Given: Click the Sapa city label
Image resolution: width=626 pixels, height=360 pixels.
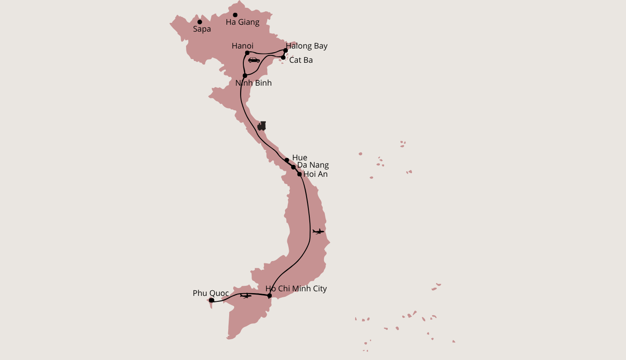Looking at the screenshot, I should (202, 29).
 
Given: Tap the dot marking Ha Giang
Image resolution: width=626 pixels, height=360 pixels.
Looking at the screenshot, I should (235, 15).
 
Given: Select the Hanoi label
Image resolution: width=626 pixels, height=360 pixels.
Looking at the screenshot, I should (242, 46).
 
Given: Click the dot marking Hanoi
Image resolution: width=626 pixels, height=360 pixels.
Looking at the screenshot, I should (247, 53).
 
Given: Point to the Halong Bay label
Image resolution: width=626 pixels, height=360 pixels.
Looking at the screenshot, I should (308, 46).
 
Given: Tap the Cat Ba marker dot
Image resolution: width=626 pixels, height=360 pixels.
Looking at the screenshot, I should (283, 58).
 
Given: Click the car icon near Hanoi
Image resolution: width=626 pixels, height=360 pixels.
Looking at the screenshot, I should (254, 60).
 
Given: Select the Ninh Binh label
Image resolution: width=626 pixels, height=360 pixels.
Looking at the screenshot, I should (253, 83).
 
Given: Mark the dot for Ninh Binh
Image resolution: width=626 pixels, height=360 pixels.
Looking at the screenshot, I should (245, 76).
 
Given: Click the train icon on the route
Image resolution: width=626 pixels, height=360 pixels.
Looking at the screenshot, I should (262, 126).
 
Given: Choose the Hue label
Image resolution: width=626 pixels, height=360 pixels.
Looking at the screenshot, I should (300, 158).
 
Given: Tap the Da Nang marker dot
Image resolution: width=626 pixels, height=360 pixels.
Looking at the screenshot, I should (293, 167).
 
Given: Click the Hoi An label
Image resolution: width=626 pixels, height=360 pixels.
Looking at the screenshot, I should (316, 175).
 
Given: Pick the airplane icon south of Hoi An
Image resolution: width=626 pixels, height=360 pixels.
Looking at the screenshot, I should (318, 231).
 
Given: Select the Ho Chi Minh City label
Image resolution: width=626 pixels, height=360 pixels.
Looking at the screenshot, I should (296, 289).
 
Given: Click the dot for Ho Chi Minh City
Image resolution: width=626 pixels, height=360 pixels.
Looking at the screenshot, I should (269, 295).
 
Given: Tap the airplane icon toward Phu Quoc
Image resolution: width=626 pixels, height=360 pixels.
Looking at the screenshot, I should (246, 296).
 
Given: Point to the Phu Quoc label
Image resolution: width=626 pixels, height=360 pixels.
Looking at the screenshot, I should (211, 293).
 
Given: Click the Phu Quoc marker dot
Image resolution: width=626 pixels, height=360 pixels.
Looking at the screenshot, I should (211, 300).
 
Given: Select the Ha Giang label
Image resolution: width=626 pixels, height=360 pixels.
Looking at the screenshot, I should (242, 22).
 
